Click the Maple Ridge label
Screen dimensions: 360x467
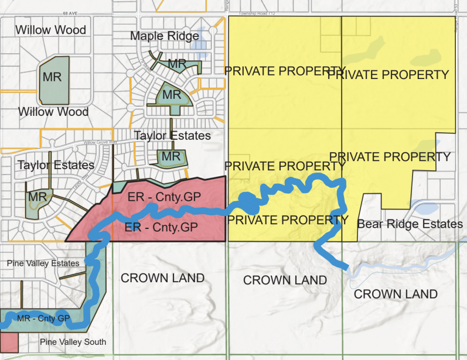coord(165,36)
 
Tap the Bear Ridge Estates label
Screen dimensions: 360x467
coord(410,224)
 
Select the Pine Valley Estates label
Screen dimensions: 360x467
coord(43,263)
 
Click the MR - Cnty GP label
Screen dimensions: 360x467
coord(44,318)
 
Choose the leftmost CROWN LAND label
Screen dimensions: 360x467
coord(162,278)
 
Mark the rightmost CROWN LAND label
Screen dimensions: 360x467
coord(396,294)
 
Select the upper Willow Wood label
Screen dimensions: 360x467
coord(51,30)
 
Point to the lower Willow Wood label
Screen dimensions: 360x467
coord(53,112)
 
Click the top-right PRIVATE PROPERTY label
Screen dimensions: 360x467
coord(388,74)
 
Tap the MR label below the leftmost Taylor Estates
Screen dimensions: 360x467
coord(37,197)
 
